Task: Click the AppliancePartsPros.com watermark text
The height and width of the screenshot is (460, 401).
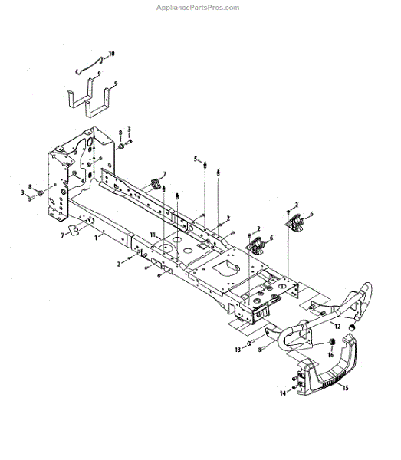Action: pos(198,8)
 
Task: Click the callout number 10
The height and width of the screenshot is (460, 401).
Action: pos(111,54)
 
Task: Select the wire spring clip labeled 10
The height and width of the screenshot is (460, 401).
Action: pos(89,65)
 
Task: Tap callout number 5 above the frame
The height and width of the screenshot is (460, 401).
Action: pos(196,159)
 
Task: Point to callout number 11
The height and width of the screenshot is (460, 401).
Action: pos(153,235)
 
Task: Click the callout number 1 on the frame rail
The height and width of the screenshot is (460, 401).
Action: pos(96,238)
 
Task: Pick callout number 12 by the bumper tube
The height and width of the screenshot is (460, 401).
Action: pos(337,327)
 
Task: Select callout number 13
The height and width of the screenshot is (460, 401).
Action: pos(238,350)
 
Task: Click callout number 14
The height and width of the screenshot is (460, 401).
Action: pos(282,393)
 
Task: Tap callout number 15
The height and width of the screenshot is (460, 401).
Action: pos(345,388)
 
